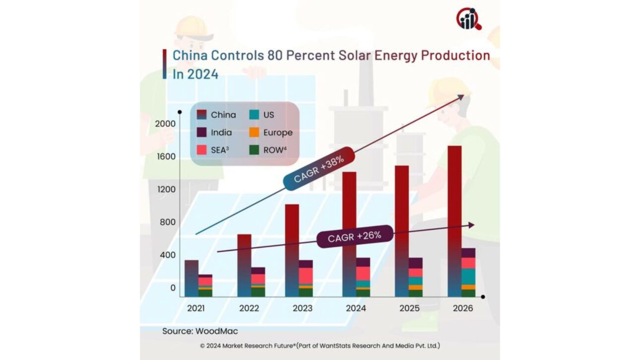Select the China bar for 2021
pyautogui.click(x=191, y=278)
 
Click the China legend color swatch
pyautogui.click(x=201, y=115)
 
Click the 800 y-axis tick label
pyautogui.click(x=167, y=222)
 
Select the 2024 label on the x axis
pyautogui.click(x=356, y=308)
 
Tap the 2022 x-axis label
pyautogui.click(x=249, y=308)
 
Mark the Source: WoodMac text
pyautogui.click(x=196, y=331)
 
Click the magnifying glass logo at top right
pyautogui.click(x=468, y=19)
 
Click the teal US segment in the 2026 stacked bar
pyautogui.click(x=468, y=276)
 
